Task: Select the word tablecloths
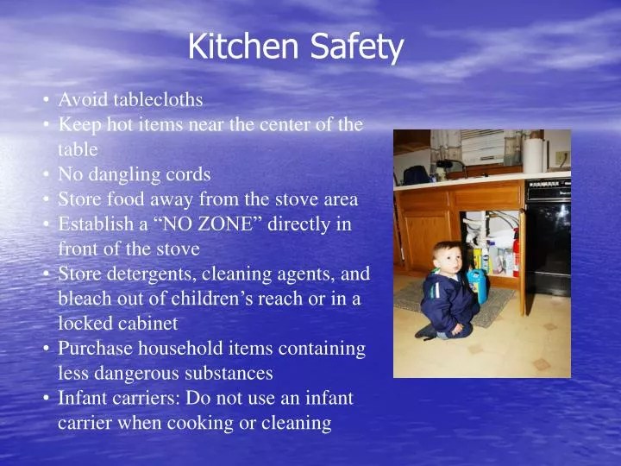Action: (x=158, y=99)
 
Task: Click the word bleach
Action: (x=85, y=299)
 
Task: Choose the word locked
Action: (x=80, y=324)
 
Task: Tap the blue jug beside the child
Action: (x=477, y=286)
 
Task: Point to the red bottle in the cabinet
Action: (x=516, y=258)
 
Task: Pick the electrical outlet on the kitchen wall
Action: (x=561, y=158)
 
